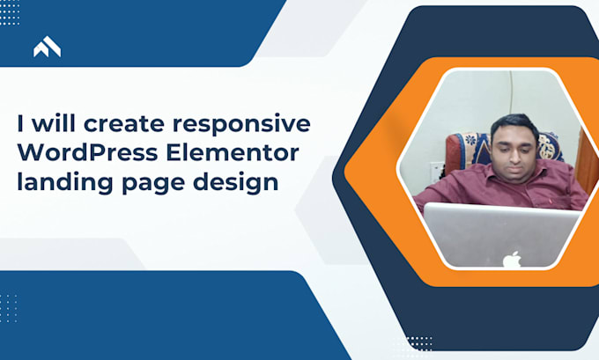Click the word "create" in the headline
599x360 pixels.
[124, 124]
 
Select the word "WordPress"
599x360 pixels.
[87, 152]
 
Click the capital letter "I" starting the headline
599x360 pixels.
[20, 124]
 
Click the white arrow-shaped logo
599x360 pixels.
[47, 47]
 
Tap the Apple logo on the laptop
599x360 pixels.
[512, 259]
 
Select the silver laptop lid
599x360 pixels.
[501, 235]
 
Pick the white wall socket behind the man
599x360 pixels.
[436, 170]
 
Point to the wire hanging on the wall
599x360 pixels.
[511, 94]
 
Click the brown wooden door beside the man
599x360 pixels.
[586, 160]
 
